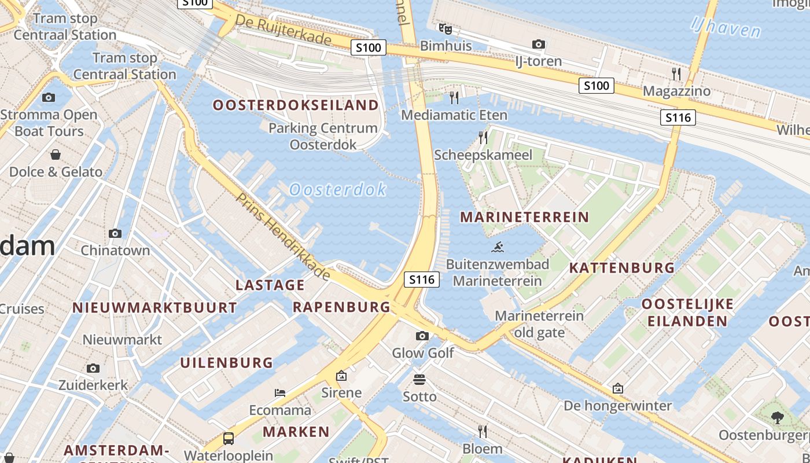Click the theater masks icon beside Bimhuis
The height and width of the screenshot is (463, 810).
tap(445, 28)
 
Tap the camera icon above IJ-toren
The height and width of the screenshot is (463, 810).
tap(538, 44)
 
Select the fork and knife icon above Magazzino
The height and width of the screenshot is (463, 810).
tap(676, 74)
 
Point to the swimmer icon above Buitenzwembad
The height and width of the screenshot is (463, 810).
tap(498, 248)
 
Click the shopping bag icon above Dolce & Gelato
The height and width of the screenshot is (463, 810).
tap(56, 155)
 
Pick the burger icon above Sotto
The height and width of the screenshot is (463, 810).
tap(419, 380)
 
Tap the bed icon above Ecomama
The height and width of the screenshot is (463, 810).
tap(280, 393)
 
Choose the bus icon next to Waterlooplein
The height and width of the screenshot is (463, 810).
tap(229, 438)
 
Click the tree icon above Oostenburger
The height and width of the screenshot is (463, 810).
tap(777, 417)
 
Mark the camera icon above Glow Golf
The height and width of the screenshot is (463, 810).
tap(422, 336)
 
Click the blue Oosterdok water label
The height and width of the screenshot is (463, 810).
tap(338, 189)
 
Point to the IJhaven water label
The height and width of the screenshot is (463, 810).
tap(726, 27)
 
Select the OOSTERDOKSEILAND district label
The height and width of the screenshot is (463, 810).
tap(296, 105)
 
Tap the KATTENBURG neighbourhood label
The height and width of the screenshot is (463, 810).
tap(622, 268)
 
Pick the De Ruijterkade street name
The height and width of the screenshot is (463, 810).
tap(283, 30)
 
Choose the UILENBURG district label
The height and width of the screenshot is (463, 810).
tap(226, 363)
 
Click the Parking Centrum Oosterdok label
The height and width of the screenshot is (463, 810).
tap(323, 136)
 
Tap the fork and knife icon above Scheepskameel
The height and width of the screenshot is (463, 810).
tap(483, 138)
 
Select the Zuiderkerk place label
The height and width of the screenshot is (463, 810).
tap(93, 385)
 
